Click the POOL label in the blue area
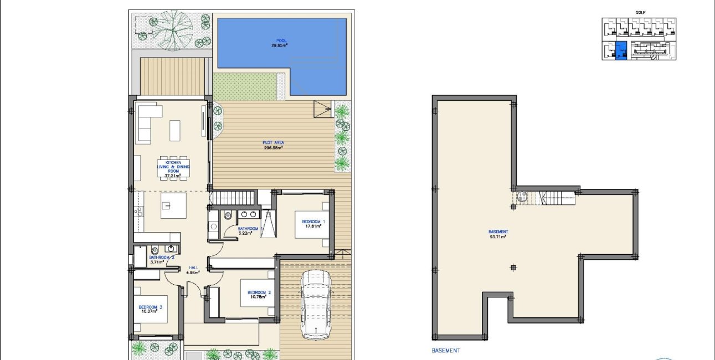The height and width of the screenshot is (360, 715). click(281, 40)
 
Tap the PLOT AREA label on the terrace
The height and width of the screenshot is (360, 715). click(273, 143)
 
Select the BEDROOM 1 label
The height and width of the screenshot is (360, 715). click(313, 222)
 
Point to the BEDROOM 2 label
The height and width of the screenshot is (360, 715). click(259, 292)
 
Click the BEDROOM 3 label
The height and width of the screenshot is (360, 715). click(150, 307)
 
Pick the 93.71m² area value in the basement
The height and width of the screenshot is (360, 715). click(498, 236)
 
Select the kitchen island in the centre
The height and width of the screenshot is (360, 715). click(173, 206)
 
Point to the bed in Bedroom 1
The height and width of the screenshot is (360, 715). click(313, 224)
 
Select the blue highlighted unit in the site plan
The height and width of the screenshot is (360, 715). click(621, 50)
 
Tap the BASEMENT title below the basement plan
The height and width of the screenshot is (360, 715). click(445, 351)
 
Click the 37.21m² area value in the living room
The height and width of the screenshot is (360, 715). click(169, 176)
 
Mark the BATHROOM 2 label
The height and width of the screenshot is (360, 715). click(162, 257)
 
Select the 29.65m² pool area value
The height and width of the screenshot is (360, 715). click(281, 45)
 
